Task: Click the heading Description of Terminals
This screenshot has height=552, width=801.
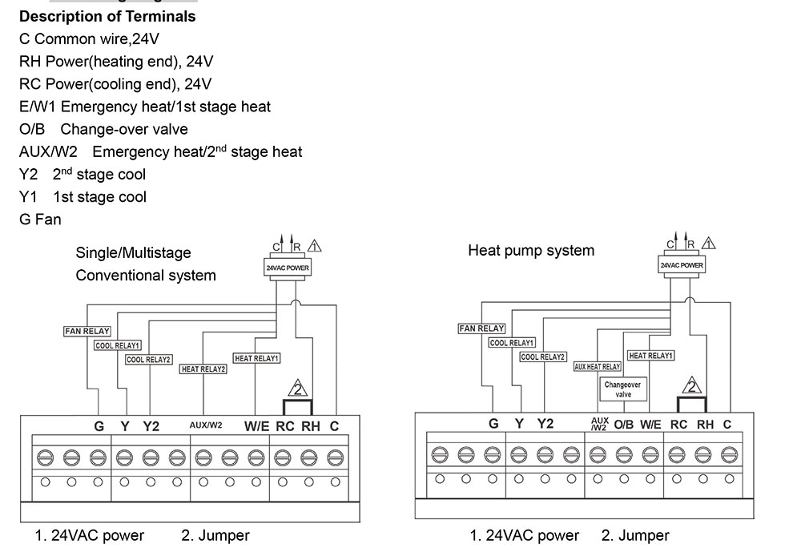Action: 107,16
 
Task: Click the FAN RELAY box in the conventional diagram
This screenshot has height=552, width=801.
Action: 87,331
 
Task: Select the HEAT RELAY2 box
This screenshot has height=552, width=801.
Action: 203,369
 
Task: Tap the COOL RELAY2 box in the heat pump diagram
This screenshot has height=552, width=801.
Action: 543,357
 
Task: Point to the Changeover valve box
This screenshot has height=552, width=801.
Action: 622,389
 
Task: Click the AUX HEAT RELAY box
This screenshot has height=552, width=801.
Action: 598,366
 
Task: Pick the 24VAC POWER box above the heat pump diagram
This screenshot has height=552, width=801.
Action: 682,264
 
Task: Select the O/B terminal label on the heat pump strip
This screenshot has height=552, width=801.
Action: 624,425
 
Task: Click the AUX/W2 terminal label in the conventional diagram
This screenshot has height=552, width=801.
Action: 206,426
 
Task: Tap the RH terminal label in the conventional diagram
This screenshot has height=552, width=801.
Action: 311,426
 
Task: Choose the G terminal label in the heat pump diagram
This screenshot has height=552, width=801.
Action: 493,424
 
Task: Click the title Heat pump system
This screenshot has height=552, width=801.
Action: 531,251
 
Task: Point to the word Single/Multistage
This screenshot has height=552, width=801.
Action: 133,253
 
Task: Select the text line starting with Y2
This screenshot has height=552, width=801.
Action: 83,174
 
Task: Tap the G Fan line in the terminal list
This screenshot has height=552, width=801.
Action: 40,219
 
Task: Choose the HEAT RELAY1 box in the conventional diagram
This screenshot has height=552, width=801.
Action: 256,358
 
